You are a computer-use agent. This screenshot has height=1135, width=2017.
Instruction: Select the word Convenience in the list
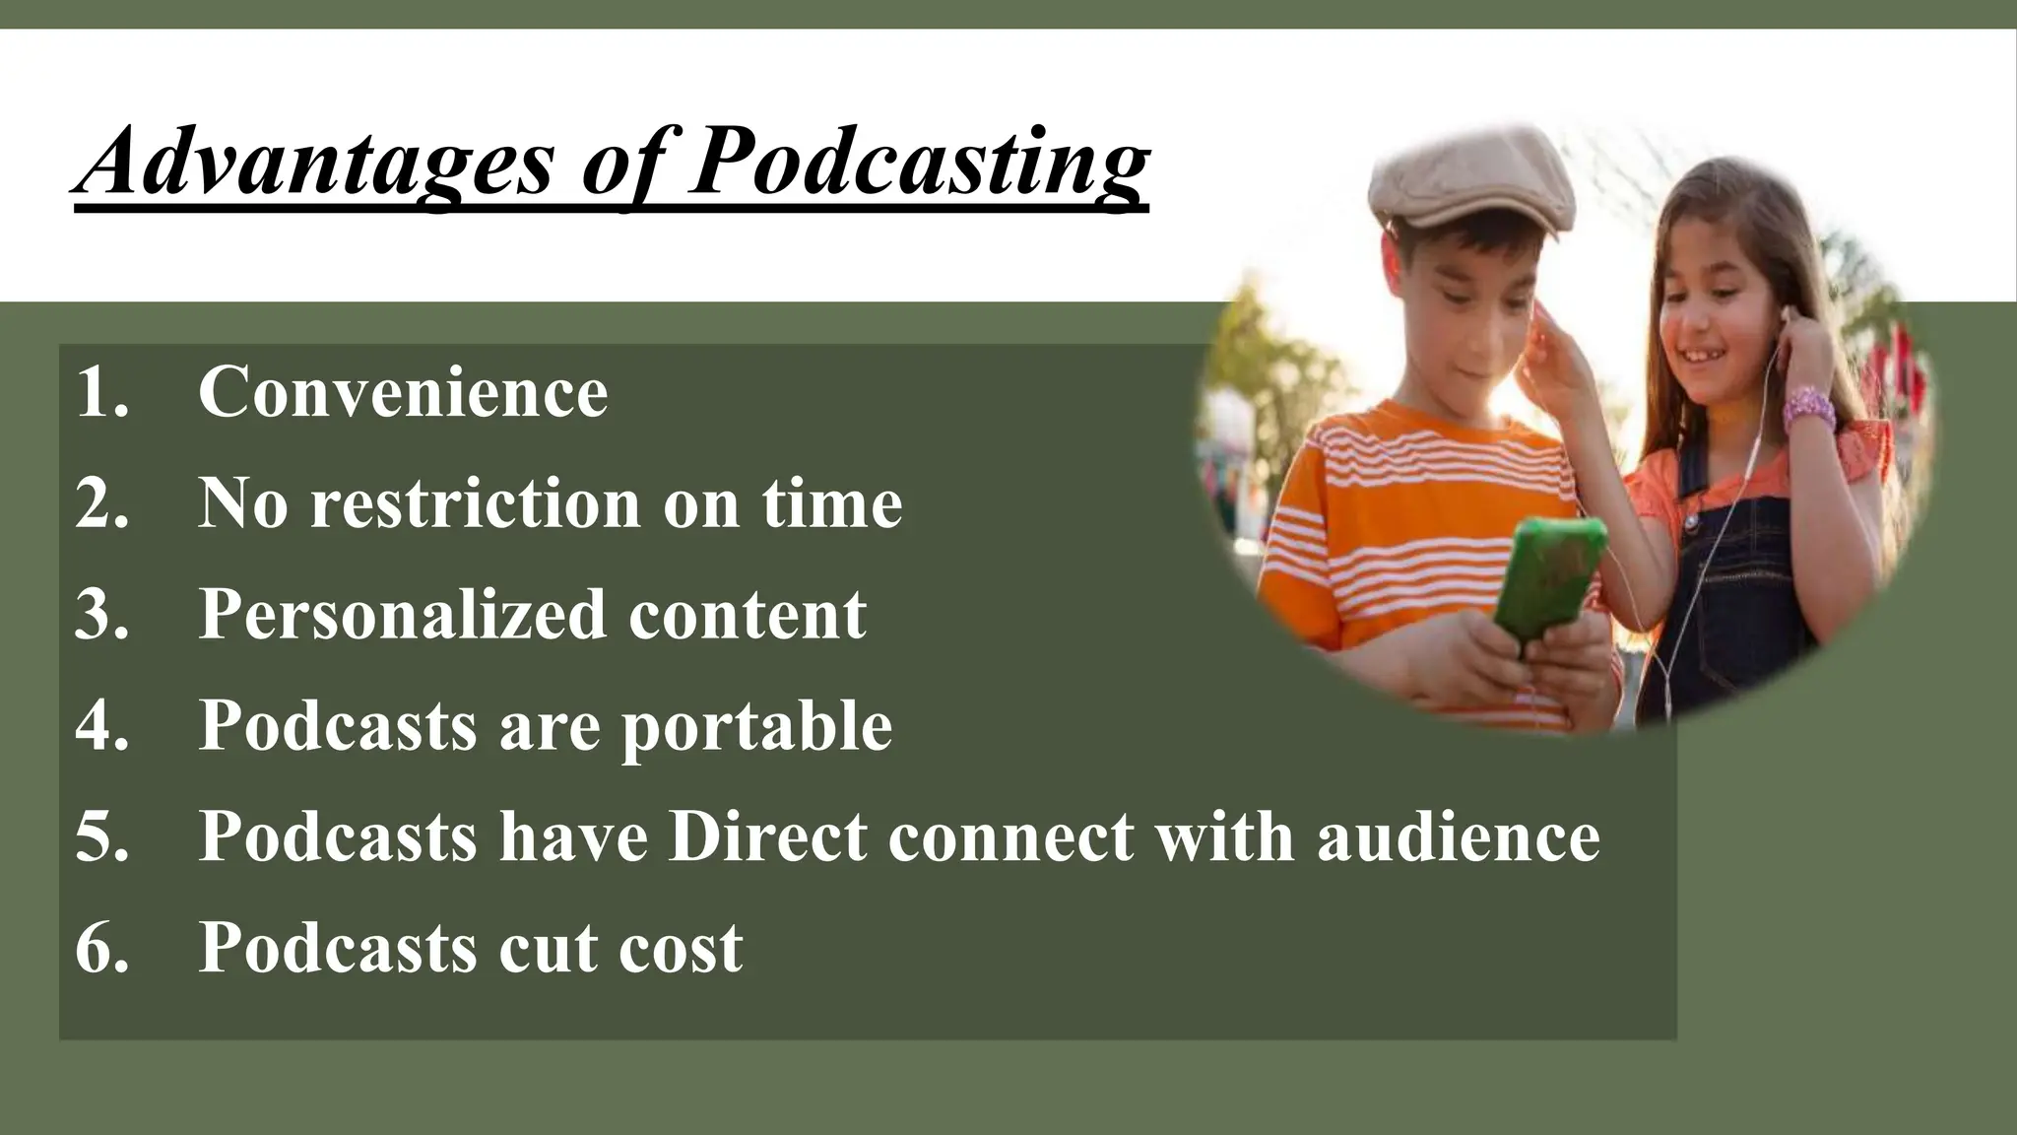(403, 392)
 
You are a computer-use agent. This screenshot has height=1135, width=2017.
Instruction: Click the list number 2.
(101, 503)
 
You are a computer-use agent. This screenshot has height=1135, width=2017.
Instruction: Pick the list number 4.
(101, 726)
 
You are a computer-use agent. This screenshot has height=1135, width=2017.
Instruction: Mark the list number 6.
(101, 948)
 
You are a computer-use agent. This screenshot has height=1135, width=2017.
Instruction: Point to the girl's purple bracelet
(1809, 408)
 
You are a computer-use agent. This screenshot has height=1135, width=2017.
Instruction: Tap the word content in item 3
(748, 615)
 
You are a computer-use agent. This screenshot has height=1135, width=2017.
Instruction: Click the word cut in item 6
(548, 948)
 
